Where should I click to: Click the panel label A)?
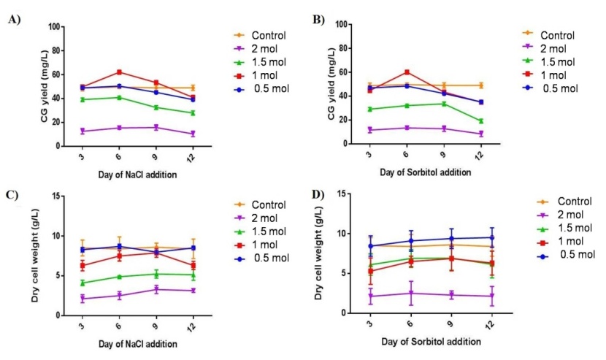[x=14, y=20]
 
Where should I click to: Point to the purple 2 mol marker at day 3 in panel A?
[x=83, y=131]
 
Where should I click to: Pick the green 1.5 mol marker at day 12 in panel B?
[x=480, y=120]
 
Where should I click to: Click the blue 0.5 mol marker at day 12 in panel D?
[x=491, y=237]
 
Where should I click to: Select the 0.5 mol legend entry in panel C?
[x=269, y=258]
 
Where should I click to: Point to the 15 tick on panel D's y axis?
[x=341, y=194]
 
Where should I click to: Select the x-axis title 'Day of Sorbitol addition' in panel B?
[x=426, y=172]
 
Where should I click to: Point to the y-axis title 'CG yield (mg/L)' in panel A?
[x=44, y=86]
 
